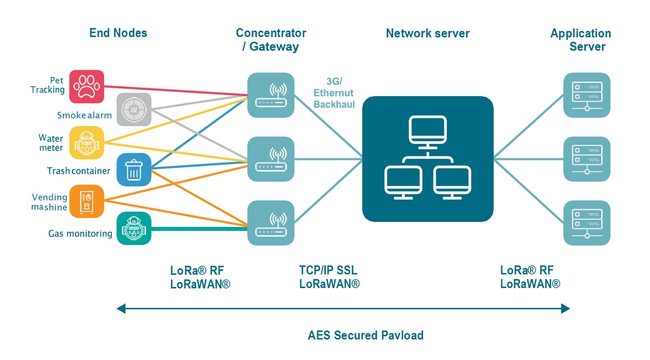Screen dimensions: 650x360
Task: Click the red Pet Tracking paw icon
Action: click(87, 87)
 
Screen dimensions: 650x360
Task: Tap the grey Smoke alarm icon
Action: click(134, 109)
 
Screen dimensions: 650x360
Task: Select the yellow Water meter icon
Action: click(87, 143)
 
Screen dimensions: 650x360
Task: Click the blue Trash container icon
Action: click(134, 170)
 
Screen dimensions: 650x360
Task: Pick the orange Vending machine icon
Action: click(87, 201)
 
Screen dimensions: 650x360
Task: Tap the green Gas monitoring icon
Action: click(134, 228)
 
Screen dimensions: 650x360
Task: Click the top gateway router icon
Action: click(271, 95)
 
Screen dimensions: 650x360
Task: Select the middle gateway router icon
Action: click(271, 159)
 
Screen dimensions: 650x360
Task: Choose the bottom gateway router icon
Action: click(271, 223)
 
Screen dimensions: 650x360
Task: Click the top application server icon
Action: click(587, 95)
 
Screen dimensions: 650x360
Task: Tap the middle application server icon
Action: click(587, 159)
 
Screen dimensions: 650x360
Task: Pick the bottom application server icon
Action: click(587, 223)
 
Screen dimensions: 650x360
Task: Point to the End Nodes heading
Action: click(118, 33)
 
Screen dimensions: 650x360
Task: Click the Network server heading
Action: click(428, 33)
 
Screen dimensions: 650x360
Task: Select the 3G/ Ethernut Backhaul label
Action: click(334, 93)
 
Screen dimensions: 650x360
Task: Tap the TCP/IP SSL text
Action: click(328, 270)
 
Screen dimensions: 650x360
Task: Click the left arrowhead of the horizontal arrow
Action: click(121, 309)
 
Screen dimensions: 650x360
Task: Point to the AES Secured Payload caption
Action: click(366, 335)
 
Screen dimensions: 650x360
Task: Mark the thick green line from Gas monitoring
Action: click(200, 229)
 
